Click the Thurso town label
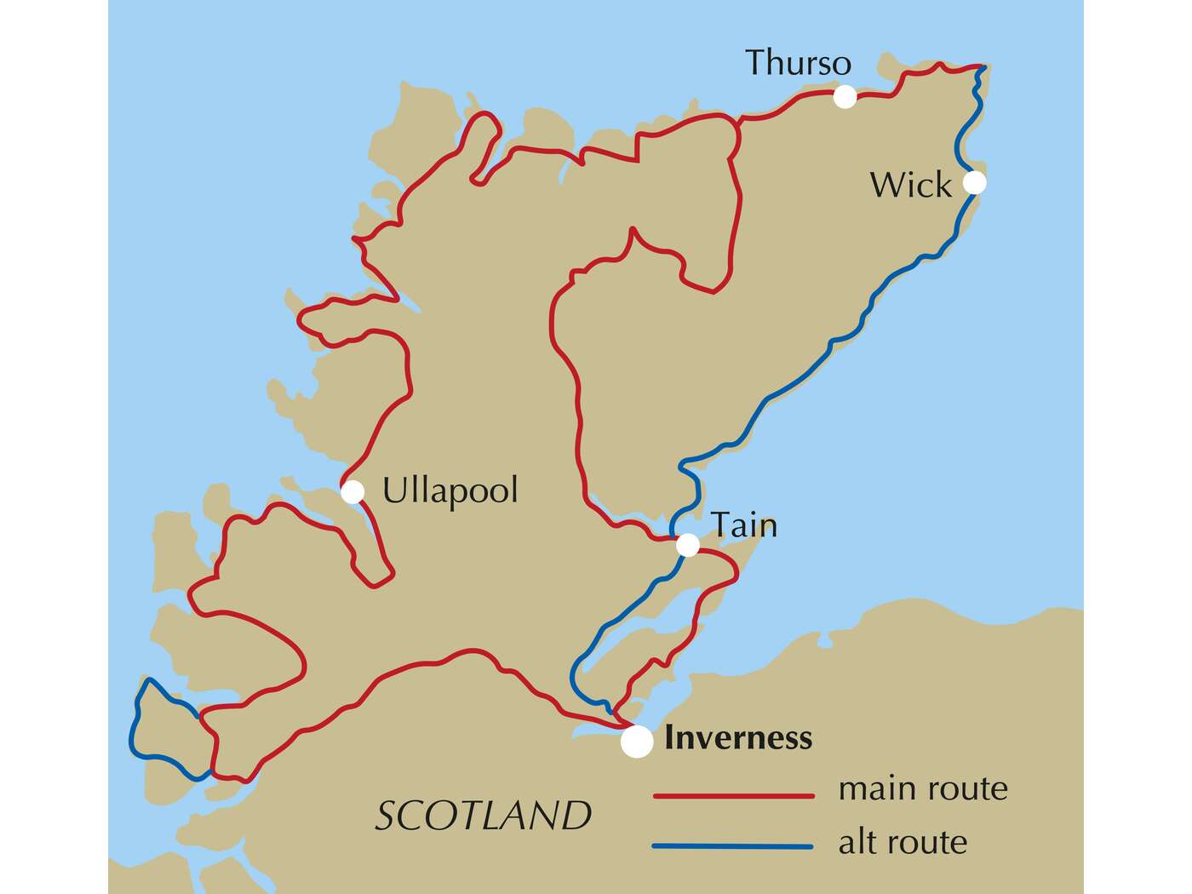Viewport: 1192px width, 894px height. click(798, 63)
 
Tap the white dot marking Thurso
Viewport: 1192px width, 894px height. click(844, 96)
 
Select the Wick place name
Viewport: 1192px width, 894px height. click(910, 185)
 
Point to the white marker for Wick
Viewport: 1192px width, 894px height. click(974, 182)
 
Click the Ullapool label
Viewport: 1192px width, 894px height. click(450, 491)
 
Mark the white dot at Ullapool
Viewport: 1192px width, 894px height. click(352, 491)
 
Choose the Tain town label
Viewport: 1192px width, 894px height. click(743, 524)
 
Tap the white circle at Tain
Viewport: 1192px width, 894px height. click(687, 545)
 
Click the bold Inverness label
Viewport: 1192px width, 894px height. click(738, 737)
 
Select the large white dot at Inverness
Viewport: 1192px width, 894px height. click(636, 742)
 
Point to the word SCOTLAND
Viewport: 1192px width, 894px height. click(483, 816)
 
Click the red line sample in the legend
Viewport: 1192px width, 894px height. click(733, 796)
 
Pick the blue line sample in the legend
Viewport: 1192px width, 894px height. click(733, 846)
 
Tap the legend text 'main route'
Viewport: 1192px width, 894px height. click(923, 788)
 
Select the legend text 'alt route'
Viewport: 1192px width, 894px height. click(903, 842)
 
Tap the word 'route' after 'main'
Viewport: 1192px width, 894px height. click(968, 789)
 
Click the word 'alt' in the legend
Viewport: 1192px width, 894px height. click(857, 842)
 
